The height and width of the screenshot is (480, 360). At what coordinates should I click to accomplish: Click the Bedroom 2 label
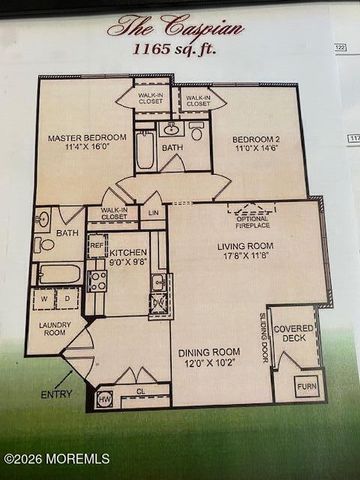point(261,140)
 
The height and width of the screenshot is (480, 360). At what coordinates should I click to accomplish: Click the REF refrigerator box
point(97,245)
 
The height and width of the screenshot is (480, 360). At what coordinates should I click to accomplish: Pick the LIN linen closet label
point(153,212)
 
